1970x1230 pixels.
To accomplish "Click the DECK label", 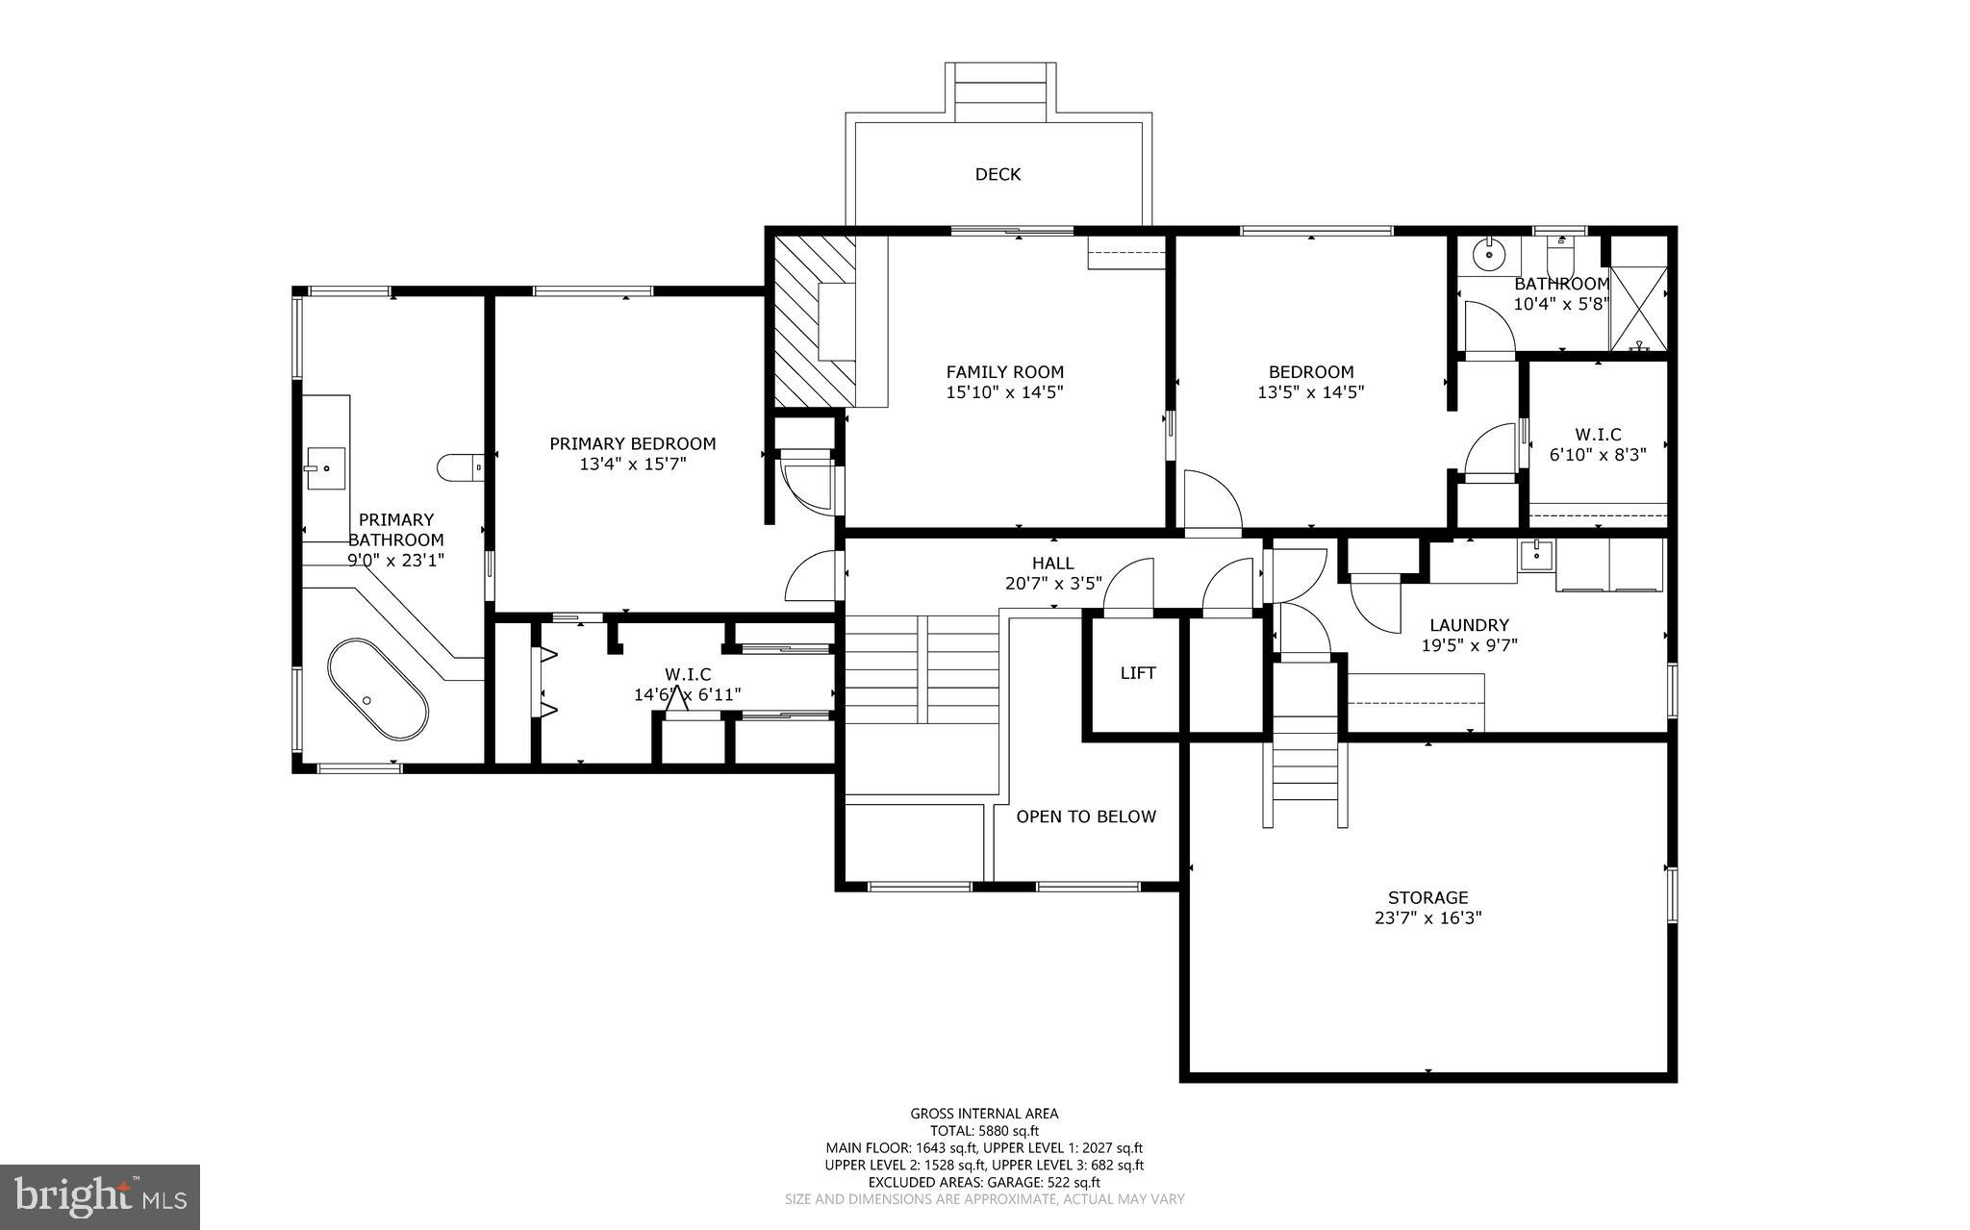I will point(998,174).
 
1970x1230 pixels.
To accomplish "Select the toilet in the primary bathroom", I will point(461,468).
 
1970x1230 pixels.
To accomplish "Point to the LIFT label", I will point(1137,673).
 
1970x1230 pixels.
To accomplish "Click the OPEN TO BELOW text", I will point(1086,816).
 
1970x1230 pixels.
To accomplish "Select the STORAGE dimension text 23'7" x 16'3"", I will point(1427,918).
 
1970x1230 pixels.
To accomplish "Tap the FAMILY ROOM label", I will point(1004,372).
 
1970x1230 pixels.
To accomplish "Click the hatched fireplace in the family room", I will point(816,322).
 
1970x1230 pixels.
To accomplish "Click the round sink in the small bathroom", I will point(1489,254).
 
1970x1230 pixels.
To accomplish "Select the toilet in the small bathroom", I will point(1559,255).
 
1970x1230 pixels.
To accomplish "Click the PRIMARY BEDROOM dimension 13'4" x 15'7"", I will point(632,464).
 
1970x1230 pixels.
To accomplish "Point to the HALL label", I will point(1052,564).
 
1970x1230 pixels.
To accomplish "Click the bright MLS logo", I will point(99,1196).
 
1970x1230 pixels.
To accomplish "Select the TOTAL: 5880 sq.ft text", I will point(984,1131).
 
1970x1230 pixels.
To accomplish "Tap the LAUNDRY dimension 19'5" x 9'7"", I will point(1469,645).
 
